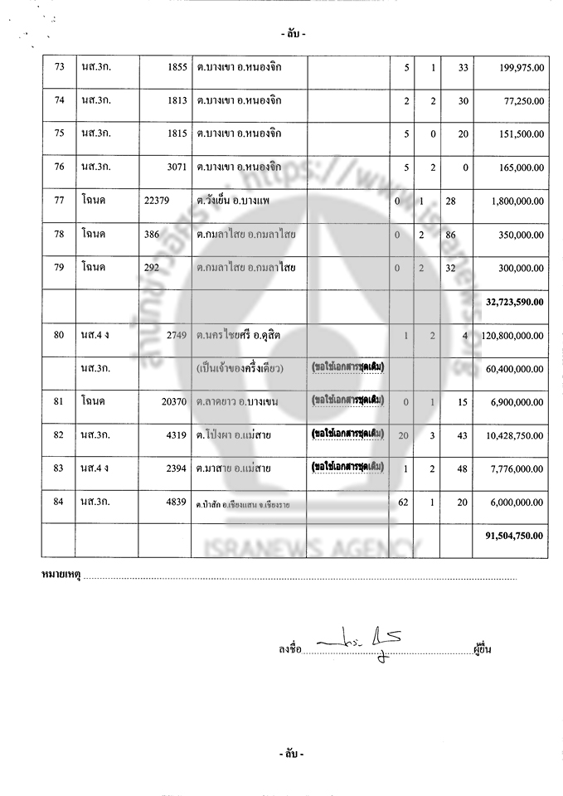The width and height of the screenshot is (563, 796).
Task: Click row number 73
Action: (x=59, y=66)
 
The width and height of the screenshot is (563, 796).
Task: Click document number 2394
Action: (x=174, y=468)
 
